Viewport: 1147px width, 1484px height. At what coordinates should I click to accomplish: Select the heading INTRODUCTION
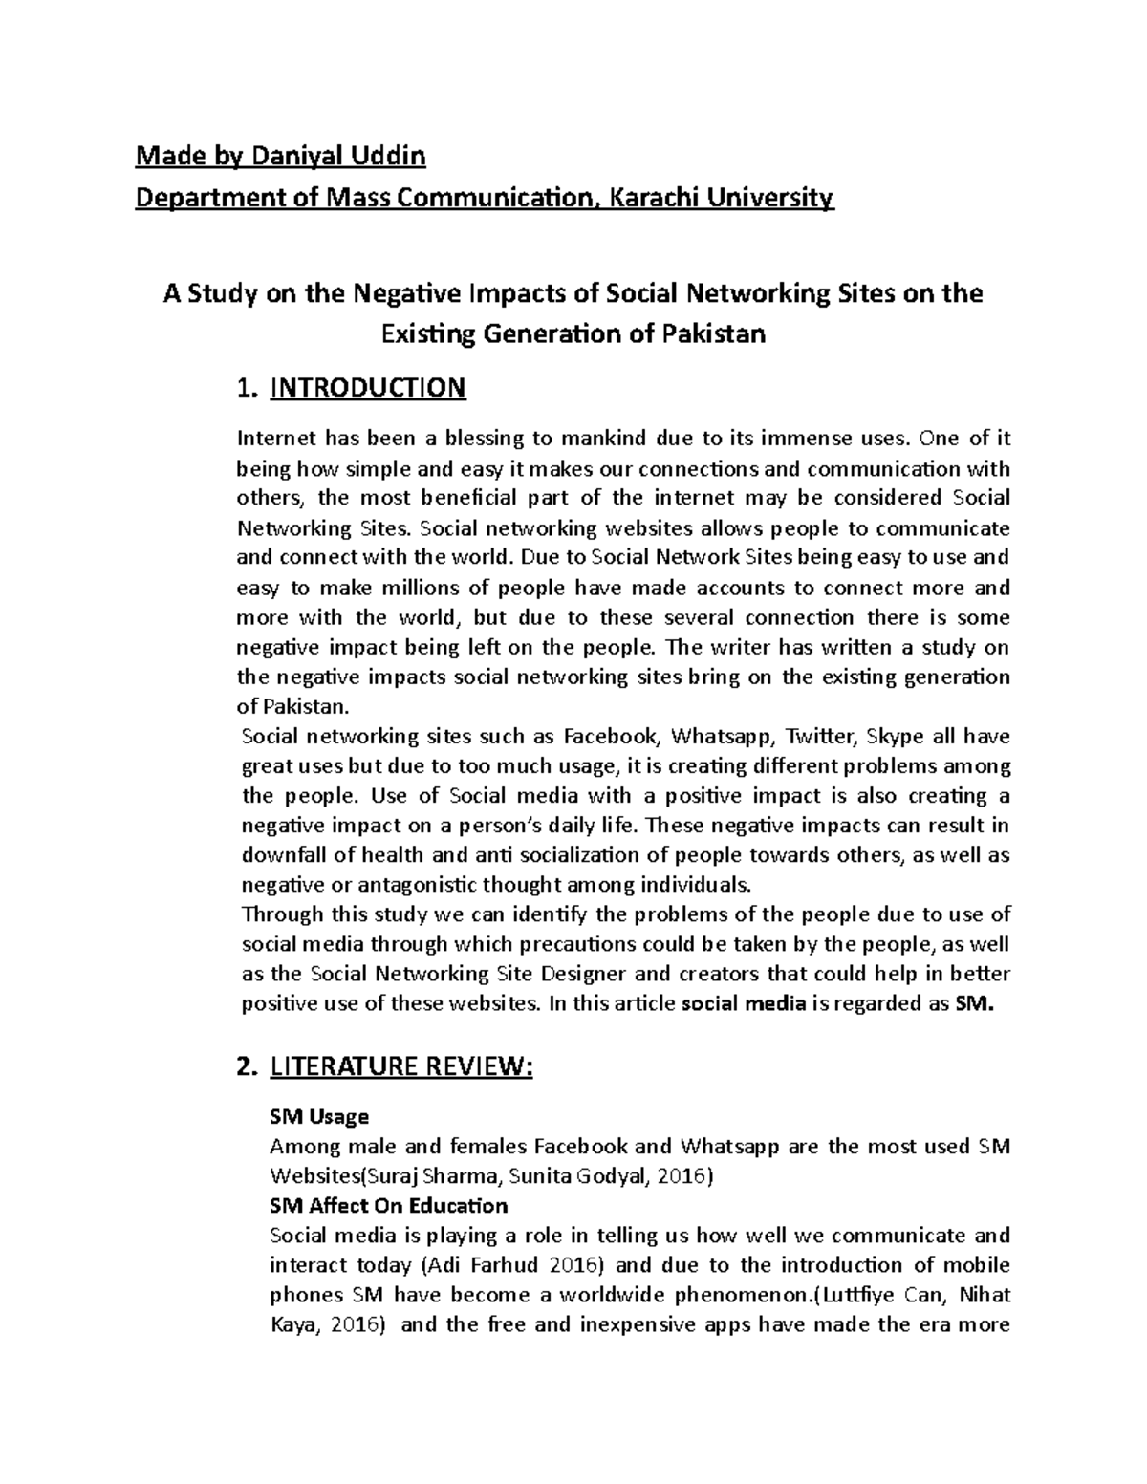368,388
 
